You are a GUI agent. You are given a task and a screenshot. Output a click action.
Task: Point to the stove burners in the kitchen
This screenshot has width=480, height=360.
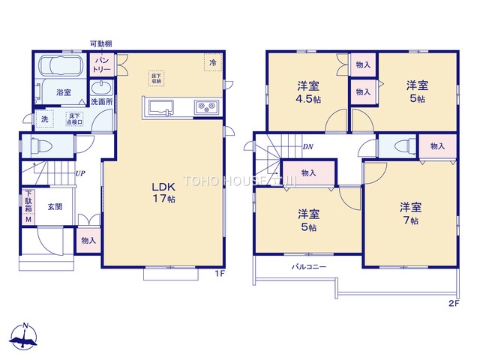(x=205, y=108)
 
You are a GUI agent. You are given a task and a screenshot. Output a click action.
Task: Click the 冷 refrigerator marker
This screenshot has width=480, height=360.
(x=212, y=63)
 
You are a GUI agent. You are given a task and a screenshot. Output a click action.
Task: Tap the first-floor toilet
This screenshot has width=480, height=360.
(x=45, y=145)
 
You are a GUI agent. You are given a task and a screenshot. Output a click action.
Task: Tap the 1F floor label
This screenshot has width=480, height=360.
(x=220, y=274)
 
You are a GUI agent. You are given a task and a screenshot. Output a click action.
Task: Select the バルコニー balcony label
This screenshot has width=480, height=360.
(x=308, y=267)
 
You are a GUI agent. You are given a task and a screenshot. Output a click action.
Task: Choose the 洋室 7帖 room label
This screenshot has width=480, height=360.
(x=409, y=212)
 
